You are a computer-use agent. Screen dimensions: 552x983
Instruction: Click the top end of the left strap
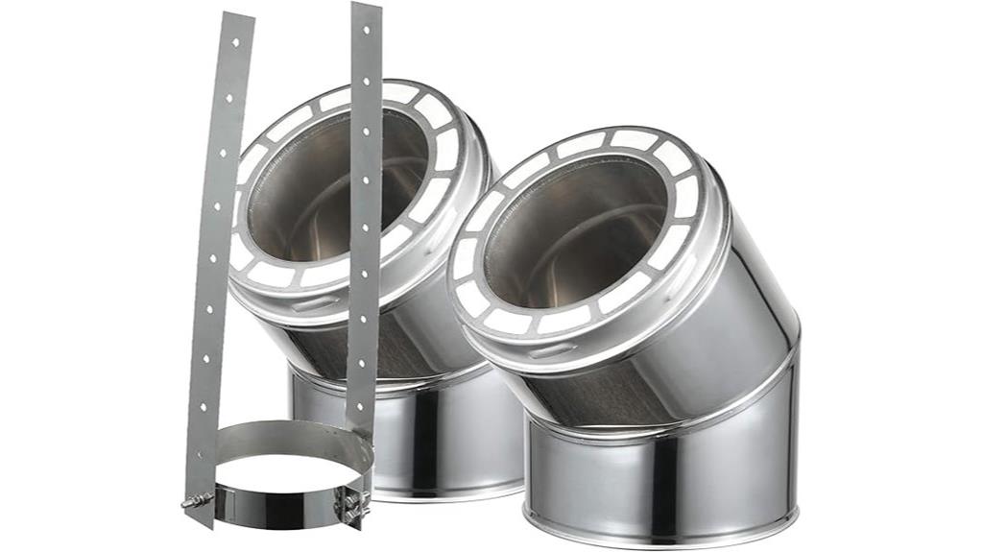click(238, 16)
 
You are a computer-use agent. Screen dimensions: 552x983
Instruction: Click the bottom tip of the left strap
click(198, 523)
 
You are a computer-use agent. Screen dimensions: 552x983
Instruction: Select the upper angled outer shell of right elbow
click(739, 288)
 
